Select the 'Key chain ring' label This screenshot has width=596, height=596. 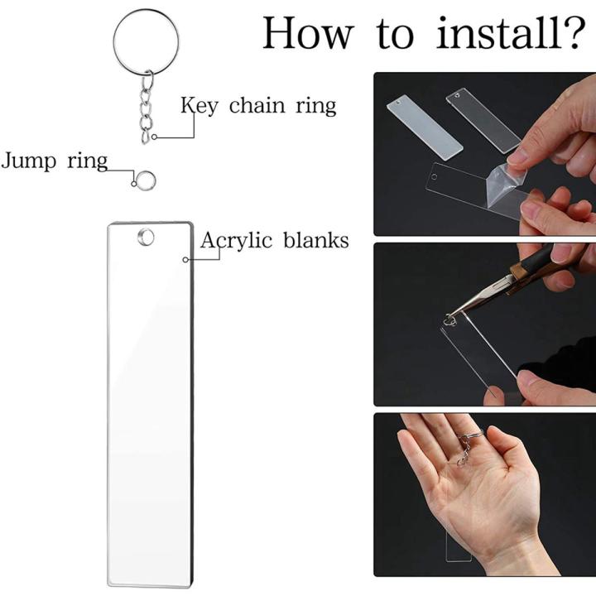[258, 106]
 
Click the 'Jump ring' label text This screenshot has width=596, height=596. [54, 160]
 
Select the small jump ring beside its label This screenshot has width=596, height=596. [147, 179]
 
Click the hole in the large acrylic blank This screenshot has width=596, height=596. [147, 238]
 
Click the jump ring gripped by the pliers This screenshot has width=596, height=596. [452, 315]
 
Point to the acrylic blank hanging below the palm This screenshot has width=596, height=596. [458, 543]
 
